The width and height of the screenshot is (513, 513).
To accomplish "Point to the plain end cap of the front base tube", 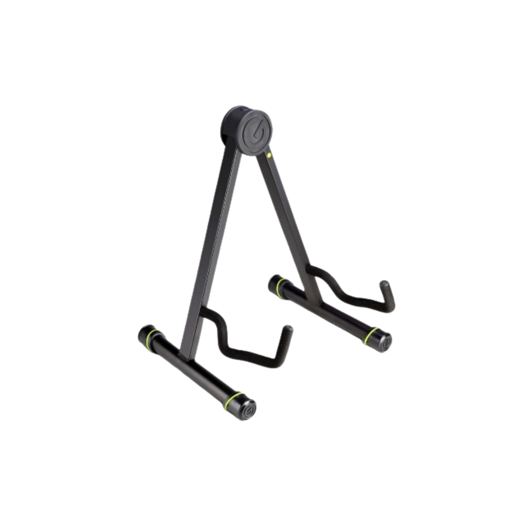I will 144,331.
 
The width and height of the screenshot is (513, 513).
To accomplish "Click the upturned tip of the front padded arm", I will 287,331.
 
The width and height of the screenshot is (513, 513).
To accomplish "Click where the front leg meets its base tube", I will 186,354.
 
